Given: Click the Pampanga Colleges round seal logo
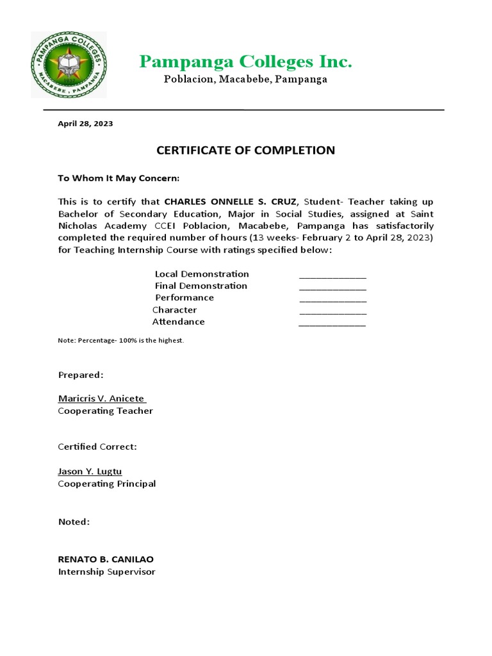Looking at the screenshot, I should point(69,65).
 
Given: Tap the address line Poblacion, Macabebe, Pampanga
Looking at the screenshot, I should point(246,79).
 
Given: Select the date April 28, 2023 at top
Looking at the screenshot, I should point(85,124).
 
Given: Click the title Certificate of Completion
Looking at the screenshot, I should point(246,151).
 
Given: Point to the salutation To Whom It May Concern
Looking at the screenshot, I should point(119,177).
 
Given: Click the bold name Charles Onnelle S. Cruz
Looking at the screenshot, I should point(231,202).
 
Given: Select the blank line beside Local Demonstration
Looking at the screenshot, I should point(332,276).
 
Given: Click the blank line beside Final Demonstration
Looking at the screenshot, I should point(332,288).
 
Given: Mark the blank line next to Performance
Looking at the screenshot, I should point(332,300).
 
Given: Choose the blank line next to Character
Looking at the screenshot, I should point(332,312).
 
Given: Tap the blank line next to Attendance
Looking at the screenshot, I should point(332,324).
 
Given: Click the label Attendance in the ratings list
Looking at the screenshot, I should point(179,322).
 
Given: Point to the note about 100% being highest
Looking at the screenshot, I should point(121,340).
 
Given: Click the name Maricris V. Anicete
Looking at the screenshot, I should point(101,398).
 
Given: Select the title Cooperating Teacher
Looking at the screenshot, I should point(106,411).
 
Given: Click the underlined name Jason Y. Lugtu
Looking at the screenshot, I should point(90,471).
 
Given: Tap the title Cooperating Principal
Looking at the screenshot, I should point(107,484).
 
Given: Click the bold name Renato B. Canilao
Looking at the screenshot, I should point(106,559).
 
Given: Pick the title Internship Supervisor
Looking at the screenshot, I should point(107,571).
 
